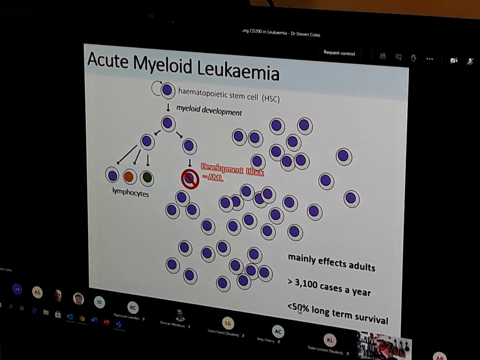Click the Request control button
coord(339,53)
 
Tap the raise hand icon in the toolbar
coord(414,58)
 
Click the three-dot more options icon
coord(430,59)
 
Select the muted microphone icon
coord(470,61)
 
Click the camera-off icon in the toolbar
coord(454,60)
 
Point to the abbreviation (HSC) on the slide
coord(271,99)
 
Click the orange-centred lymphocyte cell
coord(129,176)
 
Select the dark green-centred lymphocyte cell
coord(147,178)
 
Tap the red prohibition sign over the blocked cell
coord(190,179)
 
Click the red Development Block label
coord(232,170)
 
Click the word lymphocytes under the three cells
coord(130,193)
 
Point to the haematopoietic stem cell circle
coord(168,90)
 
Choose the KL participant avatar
coord(330,340)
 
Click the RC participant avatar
coord(133,307)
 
